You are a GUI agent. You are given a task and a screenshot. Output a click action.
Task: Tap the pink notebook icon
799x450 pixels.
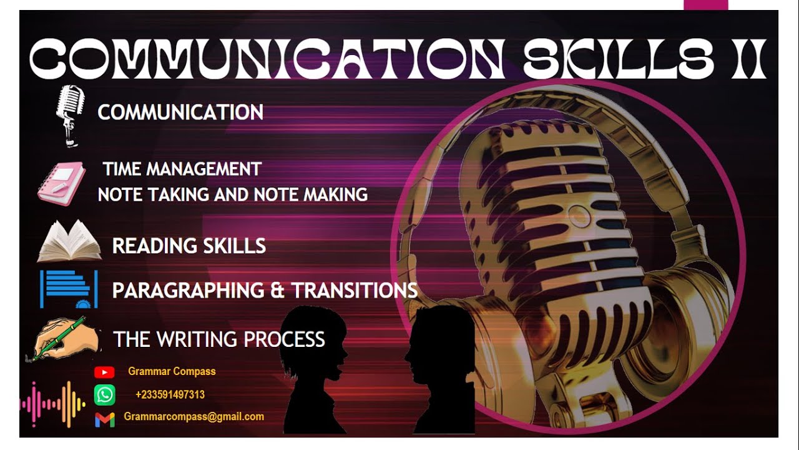pyautogui.click(x=61, y=182)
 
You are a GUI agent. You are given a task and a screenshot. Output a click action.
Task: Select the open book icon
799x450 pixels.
pyautogui.click(x=69, y=241)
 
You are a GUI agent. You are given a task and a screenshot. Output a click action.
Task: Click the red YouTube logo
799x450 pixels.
pyautogui.click(x=104, y=372)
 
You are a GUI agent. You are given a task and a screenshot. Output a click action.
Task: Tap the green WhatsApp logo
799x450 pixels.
pyautogui.click(x=104, y=395)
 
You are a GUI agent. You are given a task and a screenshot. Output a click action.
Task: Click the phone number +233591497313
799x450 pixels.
pyautogui.click(x=170, y=395)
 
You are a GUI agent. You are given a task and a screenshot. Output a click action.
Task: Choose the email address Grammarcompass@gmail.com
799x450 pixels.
pyautogui.click(x=194, y=416)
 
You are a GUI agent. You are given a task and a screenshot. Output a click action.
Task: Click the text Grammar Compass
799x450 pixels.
pyautogui.click(x=172, y=371)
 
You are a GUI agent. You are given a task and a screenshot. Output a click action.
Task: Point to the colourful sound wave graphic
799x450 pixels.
pyautogui.click(x=53, y=404)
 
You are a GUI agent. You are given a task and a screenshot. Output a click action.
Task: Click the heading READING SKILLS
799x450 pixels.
pyautogui.click(x=189, y=246)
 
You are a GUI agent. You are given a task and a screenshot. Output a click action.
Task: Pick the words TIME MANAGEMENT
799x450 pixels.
pyautogui.click(x=182, y=169)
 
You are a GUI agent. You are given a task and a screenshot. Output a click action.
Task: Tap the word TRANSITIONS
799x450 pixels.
pyautogui.click(x=355, y=290)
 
